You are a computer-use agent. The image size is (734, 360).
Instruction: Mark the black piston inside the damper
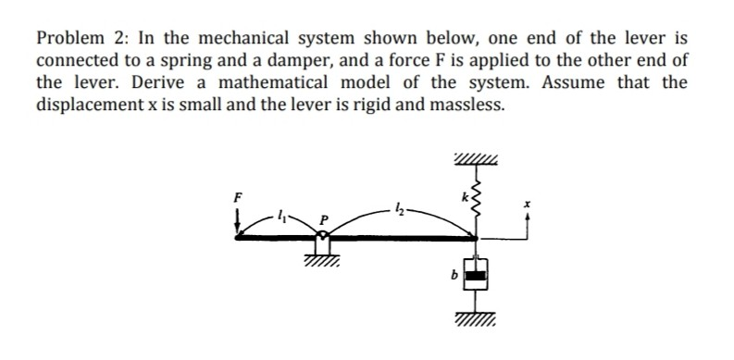click(476, 275)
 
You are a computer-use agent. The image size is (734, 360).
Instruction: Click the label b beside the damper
click(452, 275)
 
